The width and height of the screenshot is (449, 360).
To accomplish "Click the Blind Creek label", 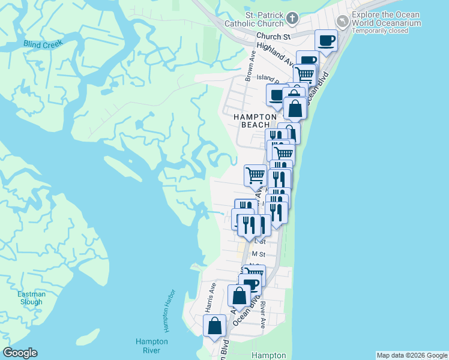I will tap(43, 44).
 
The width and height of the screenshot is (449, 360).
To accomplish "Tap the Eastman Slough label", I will tap(30, 298).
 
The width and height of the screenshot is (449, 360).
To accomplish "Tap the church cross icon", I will tap(292, 18).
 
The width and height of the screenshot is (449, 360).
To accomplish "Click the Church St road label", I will tap(274, 37).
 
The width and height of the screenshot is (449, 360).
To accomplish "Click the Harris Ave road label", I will tap(211, 296).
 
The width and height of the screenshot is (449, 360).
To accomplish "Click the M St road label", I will tap(258, 255).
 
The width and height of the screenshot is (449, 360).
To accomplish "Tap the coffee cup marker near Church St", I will tap(327, 40).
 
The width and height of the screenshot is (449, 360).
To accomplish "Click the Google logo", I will tap(20, 353).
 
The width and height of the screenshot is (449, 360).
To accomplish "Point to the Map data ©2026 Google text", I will tap(411, 355).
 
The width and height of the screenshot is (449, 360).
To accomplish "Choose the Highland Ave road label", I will tap(275, 54).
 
